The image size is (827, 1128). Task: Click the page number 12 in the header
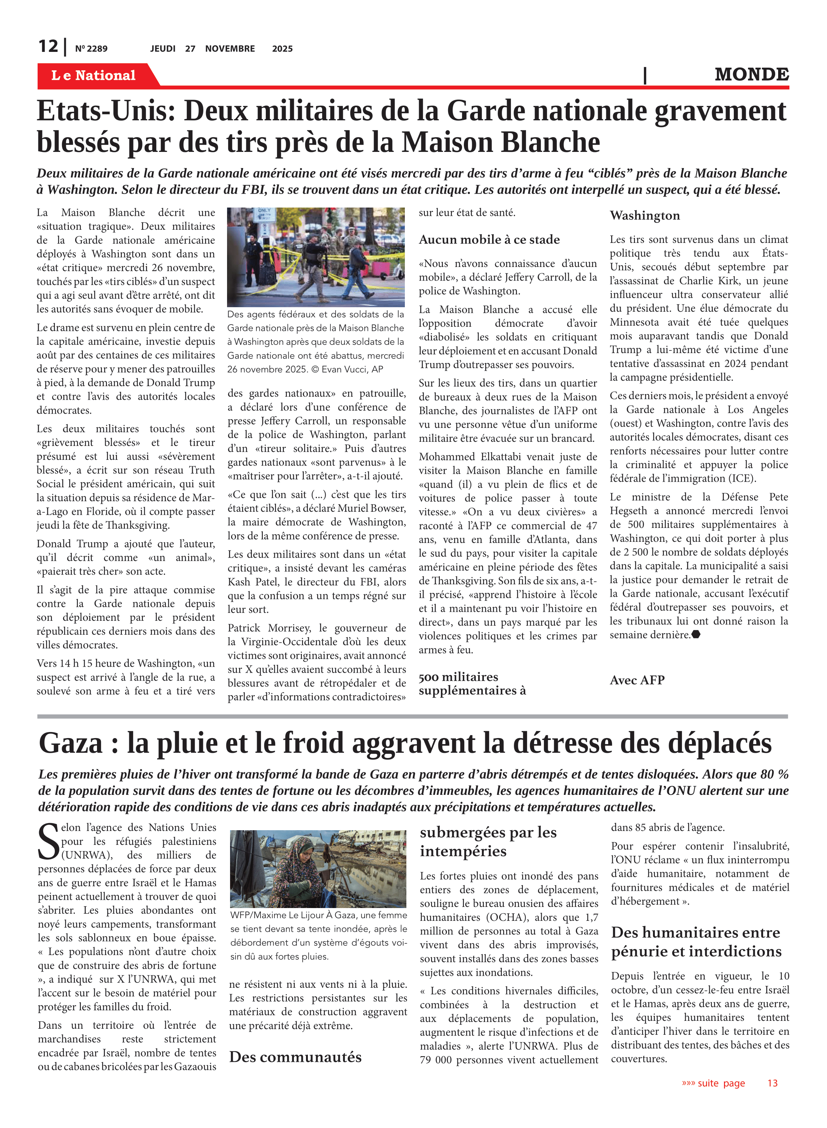[48, 47]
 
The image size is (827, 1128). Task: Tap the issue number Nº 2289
[91, 49]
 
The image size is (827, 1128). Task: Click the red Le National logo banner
[94, 75]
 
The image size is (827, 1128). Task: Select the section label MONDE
[751, 74]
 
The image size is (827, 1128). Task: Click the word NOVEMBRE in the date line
[230, 49]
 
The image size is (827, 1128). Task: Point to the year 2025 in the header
[282, 49]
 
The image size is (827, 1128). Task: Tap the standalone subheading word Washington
[644, 216]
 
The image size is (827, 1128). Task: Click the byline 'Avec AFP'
[637, 680]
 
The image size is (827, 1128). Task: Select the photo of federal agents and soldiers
[316, 257]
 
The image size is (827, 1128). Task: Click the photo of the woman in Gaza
[318, 869]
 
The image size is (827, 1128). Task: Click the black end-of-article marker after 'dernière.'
[696, 635]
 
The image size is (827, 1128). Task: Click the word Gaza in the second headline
[71, 743]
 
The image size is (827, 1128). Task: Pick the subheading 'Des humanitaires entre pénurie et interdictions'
[696, 942]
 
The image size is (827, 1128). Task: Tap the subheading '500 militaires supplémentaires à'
[472, 684]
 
